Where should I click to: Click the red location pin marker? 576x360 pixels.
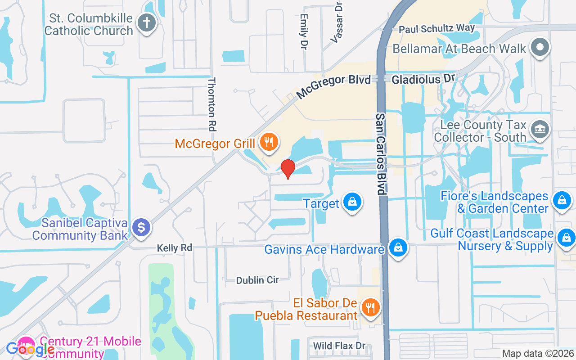[x=288, y=169]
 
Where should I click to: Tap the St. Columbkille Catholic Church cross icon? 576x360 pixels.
[x=146, y=23]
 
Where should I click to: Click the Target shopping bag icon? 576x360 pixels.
[x=352, y=202]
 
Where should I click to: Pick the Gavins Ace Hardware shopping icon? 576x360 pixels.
[x=398, y=247]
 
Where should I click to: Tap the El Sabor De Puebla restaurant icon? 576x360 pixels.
[x=370, y=308]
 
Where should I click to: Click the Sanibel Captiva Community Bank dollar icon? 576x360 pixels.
[x=141, y=228]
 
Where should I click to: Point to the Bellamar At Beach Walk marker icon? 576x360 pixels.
[x=540, y=47]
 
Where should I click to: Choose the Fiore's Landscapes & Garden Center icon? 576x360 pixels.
[x=562, y=200]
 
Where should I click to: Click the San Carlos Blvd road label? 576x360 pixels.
[x=381, y=153]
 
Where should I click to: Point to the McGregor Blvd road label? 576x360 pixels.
[x=333, y=87]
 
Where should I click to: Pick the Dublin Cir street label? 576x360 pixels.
[x=257, y=280]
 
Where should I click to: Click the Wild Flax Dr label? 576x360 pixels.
[x=339, y=346]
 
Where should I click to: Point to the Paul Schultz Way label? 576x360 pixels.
[x=437, y=29]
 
